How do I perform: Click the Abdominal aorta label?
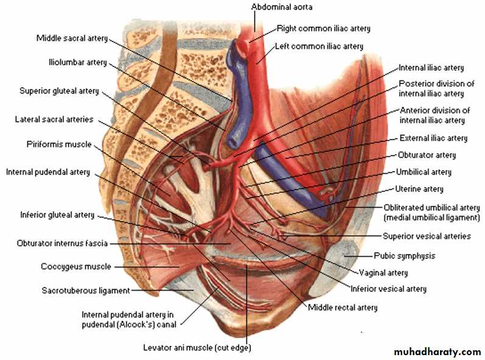[x=282, y=7]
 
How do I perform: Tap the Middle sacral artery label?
[x=72, y=38]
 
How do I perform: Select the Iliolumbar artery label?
[x=78, y=63]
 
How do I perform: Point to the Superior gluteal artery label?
[x=59, y=91]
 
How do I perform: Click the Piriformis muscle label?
[x=59, y=144]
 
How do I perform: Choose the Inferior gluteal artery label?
[x=57, y=215]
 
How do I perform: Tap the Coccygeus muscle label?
[x=76, y=267]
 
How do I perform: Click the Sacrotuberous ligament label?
[x=86, y=291]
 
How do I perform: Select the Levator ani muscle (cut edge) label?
[x=197, y=348]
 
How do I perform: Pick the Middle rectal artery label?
[x=343, y=308]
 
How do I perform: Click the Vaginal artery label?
[x=383, y=273]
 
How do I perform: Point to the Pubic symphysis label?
[x=405, y=256]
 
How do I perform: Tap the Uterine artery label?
[x=419, y=189]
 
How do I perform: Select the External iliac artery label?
[x=433, y=138]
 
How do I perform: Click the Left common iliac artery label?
[x=319, y=46]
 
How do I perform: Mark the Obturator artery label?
[x=427, y=155]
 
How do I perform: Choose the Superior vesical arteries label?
[x=427, y=236]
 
